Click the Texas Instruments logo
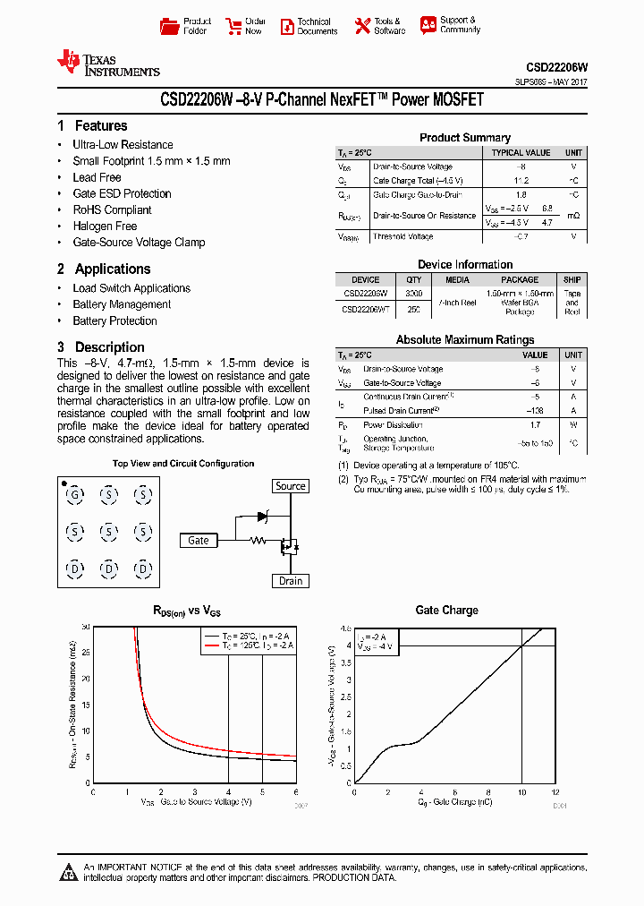[x=107, y=63]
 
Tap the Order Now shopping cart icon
[x=233, y=26]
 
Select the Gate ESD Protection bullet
[x=122, y=193]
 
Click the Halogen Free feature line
[x=105, y=226]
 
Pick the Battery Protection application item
[x=114, y=321]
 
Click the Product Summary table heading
[x=465, y=138]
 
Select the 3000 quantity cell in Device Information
[x=413, y=293]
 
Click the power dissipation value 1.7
[x=535, y=425]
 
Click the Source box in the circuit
[x=290, y=486]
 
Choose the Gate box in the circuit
[x=199, y=540]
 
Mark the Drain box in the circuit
[x=290, y=581]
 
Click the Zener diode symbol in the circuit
[x=262, y=517]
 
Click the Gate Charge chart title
[x=446, y=610]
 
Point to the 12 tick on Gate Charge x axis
[x=555, y=792]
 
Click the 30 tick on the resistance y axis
[x=86, y=628]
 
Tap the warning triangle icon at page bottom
[x=68, y=872]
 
